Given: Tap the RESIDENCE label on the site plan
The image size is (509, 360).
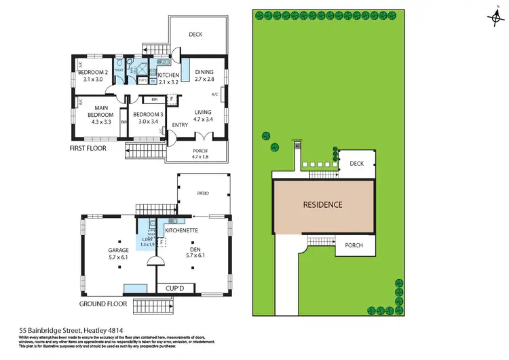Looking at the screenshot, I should point(322,204).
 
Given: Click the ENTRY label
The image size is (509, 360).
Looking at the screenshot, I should point(180,125).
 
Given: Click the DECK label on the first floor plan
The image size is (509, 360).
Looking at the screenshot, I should point(195,34).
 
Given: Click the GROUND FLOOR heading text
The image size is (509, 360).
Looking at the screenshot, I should point(100,304).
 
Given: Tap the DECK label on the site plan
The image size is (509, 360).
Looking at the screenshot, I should point(357,164).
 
